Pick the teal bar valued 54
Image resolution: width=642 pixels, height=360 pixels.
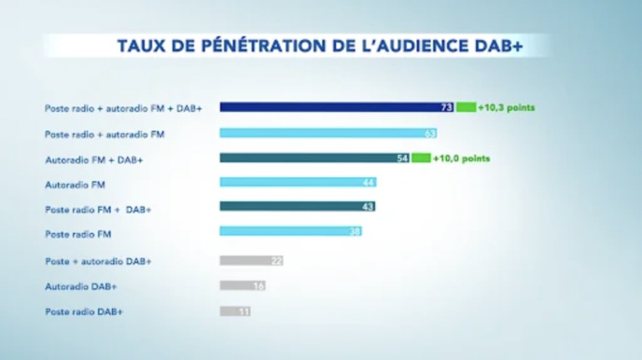(308, 159)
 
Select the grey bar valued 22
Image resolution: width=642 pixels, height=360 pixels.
(250, 261)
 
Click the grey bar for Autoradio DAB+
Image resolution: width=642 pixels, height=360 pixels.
(243, 285)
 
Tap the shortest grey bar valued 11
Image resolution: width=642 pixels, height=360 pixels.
(235, 311)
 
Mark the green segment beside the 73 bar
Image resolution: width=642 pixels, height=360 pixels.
(466, 108)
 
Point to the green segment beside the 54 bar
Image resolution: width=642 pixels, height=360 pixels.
(421, 159)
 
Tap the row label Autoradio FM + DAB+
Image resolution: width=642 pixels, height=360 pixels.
(94, 159)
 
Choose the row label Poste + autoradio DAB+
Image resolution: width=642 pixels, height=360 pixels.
(98, 261)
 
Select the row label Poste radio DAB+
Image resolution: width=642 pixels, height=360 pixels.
(84, 311)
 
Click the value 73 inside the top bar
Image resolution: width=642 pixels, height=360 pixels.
(447, 108)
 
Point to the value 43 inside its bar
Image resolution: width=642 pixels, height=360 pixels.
(368, 207)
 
